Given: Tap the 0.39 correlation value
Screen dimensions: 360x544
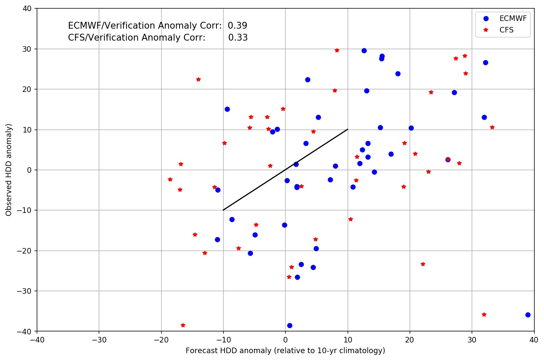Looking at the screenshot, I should click(237, 26).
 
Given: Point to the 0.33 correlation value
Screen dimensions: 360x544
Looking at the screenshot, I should click(238, 38).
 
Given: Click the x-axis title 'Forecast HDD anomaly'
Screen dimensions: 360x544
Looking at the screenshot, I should click(285, 351).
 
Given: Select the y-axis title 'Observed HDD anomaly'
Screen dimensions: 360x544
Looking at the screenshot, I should click(9, 170).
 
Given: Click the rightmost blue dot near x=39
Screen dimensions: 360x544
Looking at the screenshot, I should click(528, 315).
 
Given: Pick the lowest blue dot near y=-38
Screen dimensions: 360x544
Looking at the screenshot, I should click(290, 325).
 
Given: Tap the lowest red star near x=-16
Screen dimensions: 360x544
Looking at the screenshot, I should click(183, 325).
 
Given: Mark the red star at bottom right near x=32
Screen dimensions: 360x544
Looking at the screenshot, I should click(484, 315).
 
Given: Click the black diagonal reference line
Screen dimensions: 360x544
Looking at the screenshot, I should click(285, 170).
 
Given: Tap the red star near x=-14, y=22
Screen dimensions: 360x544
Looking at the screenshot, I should click(198, 80).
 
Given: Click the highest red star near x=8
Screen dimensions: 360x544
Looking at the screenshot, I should click(337, 50).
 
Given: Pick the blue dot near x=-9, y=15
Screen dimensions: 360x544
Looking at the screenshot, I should click(227, 109).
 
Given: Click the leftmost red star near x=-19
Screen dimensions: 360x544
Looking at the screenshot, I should click(170, 180).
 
